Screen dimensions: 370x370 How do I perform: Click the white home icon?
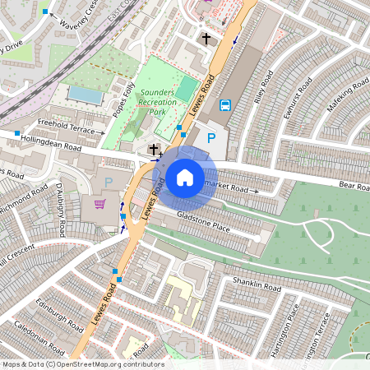click(x=185, y=176)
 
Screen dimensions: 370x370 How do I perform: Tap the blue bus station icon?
click(x=225, y=105)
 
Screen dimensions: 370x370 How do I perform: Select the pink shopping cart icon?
click(x=100, y=204)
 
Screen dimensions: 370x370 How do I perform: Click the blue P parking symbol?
click(x=211, y=139)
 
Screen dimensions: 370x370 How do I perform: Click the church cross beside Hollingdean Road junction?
click(x=155, y=149)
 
